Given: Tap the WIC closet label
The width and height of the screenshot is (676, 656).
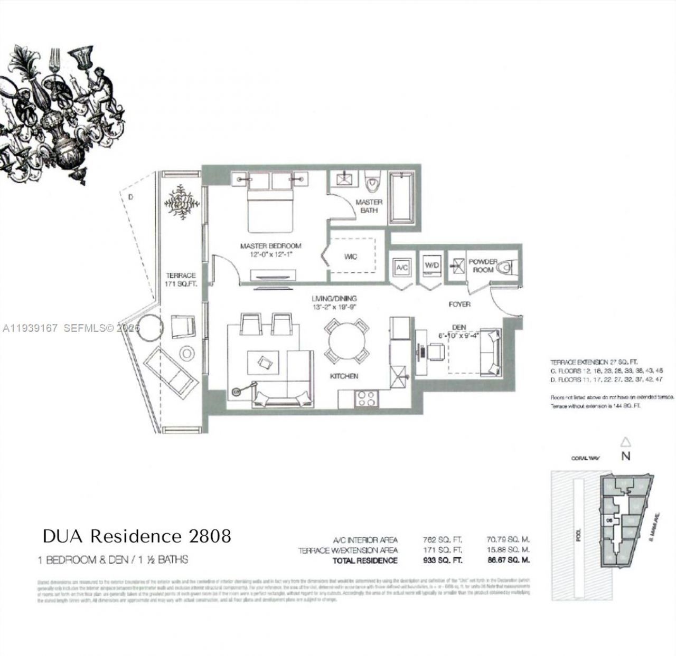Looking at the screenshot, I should coord(351,256).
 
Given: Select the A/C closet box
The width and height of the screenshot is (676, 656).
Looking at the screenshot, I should coord(402,268).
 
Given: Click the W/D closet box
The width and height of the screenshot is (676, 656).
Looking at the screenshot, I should coord(432,266).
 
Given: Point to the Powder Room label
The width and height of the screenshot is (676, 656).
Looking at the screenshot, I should coord(483,265).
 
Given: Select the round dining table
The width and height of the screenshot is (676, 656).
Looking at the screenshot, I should coord(346,340).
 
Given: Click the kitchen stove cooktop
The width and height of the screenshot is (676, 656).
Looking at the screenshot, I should coord(365,398).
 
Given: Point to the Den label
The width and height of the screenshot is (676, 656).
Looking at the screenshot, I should coord(458,327).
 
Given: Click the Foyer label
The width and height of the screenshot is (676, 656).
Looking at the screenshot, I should coord(459,304).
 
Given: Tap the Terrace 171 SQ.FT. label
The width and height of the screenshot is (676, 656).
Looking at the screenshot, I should coord(181,279).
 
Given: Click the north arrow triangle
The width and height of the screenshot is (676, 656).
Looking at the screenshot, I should coord(625,442).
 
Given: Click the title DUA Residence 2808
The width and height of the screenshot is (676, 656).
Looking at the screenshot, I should coord(137,536).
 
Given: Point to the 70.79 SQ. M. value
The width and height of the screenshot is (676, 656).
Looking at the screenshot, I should coord(507,540).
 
